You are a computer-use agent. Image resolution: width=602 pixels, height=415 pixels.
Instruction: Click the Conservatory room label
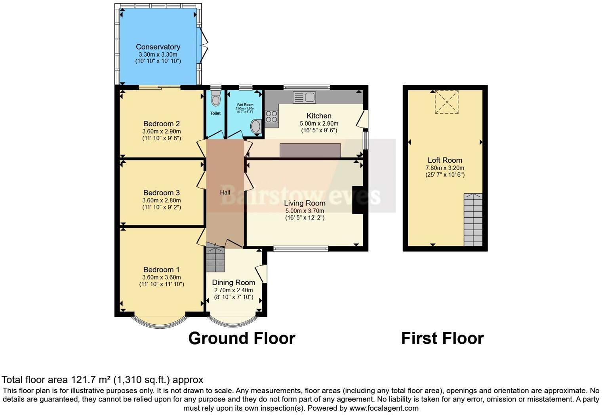tap(158, 47)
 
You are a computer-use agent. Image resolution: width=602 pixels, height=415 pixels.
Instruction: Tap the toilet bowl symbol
tap(215, 99)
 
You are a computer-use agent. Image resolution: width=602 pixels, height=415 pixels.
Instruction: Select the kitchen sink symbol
tap(304, 97)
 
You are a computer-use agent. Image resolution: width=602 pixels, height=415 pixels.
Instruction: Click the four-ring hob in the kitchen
tap(271, 116)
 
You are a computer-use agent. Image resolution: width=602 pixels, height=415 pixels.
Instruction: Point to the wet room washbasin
tap(256, 127)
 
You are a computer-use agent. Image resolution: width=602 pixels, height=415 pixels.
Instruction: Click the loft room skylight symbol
tap(446, 102)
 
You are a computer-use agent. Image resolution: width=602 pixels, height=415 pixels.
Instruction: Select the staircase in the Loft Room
tap(473, 220)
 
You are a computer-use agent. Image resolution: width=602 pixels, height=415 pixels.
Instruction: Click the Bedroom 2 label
tap(161, 124)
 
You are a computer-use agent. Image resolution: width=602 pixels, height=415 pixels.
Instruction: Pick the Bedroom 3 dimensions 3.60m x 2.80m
tap(161, 200)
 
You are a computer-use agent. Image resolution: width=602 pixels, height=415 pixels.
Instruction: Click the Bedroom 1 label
tap(161, 270)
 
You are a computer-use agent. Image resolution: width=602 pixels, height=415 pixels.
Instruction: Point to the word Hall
tap(225, 192)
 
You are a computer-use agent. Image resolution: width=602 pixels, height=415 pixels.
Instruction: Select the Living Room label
tap(305, 203)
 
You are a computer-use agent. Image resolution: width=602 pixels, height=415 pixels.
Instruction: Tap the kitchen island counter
tap(310, 150)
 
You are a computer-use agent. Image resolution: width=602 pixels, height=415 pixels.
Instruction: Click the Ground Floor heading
tap(242, 339)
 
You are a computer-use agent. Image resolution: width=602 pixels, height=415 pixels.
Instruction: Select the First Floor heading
tap(442, 339)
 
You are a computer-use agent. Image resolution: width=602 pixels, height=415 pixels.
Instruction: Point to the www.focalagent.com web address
tap(383, 408)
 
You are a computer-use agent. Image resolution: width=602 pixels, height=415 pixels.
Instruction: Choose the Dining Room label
tap(233, 282)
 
